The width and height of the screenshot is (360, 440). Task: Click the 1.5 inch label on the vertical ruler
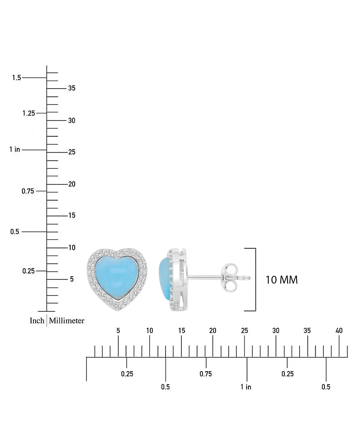(16, 78)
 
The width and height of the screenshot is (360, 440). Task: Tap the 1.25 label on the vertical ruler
(28, 113)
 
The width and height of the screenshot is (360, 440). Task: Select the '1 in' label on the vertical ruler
(14, 149)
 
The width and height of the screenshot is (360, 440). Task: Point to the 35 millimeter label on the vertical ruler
(72, 88)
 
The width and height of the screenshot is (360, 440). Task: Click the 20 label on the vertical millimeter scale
(72, 184)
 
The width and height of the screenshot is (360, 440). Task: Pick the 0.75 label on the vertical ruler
(28, 191)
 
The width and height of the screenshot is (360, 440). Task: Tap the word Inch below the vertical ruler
(37, 321)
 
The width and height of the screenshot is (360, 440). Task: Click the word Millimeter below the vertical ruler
(67, 321)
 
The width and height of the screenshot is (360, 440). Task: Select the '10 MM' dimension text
(282, 279)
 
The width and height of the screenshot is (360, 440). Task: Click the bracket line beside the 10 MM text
(256, 279)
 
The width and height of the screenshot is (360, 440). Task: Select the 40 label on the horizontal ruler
(339, 331)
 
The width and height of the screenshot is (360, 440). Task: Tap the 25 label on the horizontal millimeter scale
(244, 331)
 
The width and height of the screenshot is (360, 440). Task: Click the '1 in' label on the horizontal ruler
(246, 387)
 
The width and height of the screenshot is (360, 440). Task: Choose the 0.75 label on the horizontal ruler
(206, 374)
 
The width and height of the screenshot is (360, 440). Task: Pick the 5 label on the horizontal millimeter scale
(118, 331)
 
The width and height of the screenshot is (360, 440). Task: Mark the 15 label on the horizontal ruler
(181, 331)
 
